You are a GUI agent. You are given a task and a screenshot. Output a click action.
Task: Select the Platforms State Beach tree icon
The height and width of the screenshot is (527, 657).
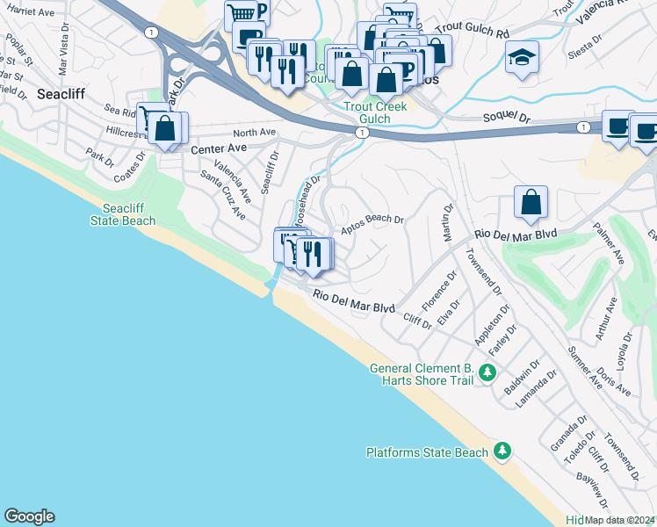click(502, 451)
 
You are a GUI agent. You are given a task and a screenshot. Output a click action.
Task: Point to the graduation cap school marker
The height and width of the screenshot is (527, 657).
click(523, 57)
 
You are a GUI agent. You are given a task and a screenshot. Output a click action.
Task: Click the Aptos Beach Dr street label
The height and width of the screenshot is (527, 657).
click(372, 220)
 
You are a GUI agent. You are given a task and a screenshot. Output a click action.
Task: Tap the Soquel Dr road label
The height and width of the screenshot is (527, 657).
click(507, 118)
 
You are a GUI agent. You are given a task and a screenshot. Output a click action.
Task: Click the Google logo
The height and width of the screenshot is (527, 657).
click(29, 516)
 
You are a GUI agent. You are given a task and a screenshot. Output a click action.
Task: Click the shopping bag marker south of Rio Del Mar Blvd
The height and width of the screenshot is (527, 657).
click(531, 203)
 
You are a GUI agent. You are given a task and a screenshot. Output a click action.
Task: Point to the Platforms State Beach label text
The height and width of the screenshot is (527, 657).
click(427, 452)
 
